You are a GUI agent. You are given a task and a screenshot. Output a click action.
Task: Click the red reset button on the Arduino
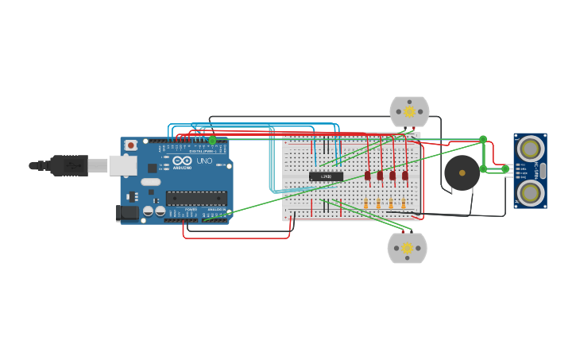(131, 145)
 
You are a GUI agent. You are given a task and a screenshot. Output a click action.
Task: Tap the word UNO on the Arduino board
(204, 161)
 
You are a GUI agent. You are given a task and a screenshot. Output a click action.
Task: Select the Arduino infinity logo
(182, 161)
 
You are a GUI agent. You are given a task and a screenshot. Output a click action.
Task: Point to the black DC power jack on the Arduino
(126, 212)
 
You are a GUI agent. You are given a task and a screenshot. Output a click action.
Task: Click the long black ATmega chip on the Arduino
(196, 198)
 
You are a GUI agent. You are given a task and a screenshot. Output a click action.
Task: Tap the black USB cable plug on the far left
(68, 165)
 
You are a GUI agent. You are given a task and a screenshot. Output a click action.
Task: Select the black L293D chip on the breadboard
(326, 176)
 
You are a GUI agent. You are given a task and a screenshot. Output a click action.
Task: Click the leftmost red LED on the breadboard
(368, 176)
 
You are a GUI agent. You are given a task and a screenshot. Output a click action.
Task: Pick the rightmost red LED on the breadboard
(405, 176)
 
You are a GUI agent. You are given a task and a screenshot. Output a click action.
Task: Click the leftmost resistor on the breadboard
(365, 204)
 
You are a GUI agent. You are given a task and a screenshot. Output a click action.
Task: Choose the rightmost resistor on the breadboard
(404, 204)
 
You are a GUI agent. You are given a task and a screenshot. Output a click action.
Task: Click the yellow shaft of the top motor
(409, 112)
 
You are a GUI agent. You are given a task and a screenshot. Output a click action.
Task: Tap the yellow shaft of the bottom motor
(408, 248)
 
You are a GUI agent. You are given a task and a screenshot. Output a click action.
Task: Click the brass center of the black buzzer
(462, 172)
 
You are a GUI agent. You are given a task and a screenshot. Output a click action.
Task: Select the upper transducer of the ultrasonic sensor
(530, 148)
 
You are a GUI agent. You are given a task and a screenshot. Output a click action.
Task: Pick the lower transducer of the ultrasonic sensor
(530, 192)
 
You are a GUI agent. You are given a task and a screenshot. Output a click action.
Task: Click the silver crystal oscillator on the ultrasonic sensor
(543, 170)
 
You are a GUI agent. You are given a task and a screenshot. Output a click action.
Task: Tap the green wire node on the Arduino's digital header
(212, 141)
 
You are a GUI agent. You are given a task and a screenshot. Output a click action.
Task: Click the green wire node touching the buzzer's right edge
(483, 168)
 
